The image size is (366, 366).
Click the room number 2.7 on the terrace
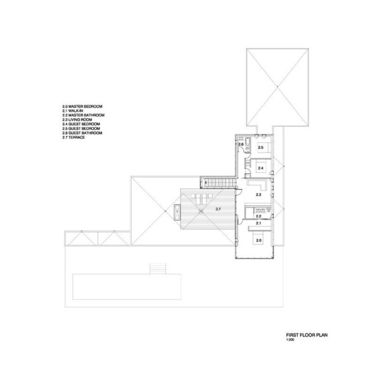tap(218, 209)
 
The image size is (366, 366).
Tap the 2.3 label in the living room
tap(258, 194)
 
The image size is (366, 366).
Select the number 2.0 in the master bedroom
tap(259, 240)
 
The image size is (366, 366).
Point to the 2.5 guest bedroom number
tap(260, 147)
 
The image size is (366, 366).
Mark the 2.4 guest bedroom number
tap(260, 168)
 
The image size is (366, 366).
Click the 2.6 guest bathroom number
tap(241, 144)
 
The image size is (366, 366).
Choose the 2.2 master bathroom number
tap(258, 216)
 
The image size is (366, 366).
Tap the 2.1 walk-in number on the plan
tap(258, 223)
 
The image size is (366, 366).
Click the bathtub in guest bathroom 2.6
tap(247, 141)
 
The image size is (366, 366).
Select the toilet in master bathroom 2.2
tap(269, 211)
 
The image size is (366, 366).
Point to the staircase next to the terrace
tap(219, 183)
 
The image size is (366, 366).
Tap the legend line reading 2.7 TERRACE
tap(74, 137)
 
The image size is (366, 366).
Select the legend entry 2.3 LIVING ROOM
tap(77, 120)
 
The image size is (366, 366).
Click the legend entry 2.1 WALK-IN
tap(73, 111)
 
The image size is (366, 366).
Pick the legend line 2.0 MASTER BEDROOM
tap(82, 107)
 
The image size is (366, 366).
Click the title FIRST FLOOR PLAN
tap(307, 335)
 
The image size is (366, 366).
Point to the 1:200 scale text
tap(290, 340)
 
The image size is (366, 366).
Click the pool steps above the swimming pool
tap(158, 269)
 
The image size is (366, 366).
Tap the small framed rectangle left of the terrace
tap(177, 212)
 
